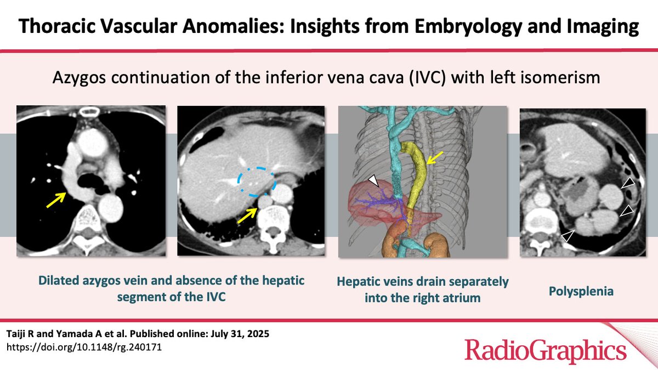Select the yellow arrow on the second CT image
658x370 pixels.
(x=247, y=215)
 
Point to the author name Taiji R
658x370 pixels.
(x=21, y=334)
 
